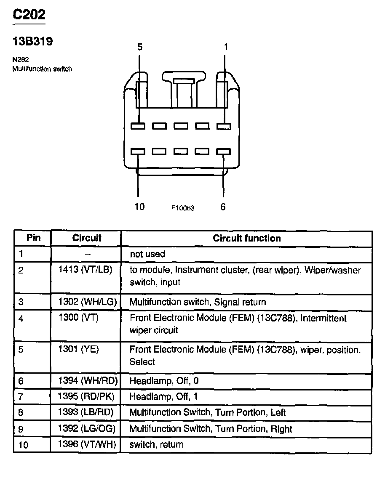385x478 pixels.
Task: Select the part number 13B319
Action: (32, 42)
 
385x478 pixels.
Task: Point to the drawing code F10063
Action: (183, 208)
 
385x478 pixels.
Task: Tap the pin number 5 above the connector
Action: (140, 47)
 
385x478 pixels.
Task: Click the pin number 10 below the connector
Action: (139, 207)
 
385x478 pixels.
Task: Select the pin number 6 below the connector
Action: (223, 207)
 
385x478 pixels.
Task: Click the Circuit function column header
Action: (246, 238)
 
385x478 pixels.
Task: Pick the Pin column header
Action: (33, 238)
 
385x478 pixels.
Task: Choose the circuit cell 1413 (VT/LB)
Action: (86, 270)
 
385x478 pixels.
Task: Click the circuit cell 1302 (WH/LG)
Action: (88, 302)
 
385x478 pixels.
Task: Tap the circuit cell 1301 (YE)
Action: (79, 349)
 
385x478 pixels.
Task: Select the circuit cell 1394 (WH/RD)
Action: (88, 381)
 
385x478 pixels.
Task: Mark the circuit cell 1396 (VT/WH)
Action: (87, 444)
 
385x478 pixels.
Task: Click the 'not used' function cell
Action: (147, 254)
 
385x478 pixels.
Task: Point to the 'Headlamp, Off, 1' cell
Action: (163, 396)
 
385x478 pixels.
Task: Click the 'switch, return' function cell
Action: (156, 444)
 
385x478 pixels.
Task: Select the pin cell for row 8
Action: (21, 413)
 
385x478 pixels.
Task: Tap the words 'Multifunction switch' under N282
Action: (42, 69)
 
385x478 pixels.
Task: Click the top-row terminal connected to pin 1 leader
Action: (224, 126)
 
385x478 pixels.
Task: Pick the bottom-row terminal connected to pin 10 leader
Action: (138, 151)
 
